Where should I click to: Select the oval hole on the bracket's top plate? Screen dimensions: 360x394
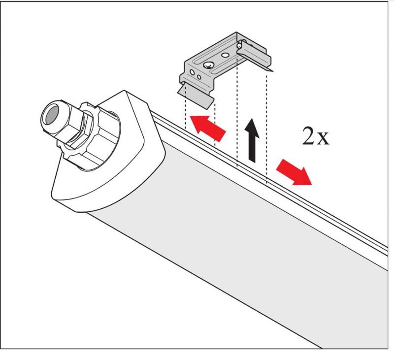pyautogui.click(x=225, y=56)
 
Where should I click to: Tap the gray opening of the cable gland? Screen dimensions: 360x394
pyautogui.click(x=49, y=117)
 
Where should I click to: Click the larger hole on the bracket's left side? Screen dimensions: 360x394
pyautogui.click(x=192, y=72)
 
